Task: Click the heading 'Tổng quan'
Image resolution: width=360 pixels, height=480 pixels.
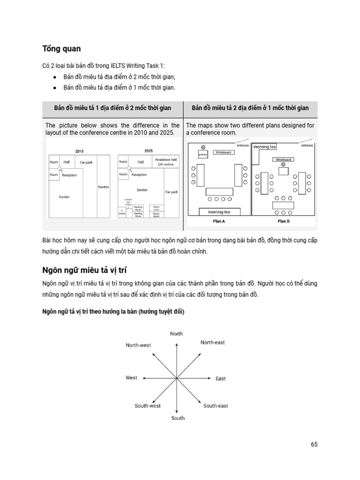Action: [61, 49]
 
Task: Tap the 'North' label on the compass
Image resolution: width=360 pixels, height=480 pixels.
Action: [176, 334]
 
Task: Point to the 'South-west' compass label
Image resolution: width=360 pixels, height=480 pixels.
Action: [148, 406]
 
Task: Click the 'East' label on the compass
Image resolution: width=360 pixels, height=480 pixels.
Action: [220, 378]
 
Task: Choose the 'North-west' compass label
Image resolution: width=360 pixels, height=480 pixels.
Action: [138, 345]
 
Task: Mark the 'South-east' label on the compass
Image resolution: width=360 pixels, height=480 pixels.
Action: [216, 406]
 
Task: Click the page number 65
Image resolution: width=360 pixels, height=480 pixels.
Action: [314, 444]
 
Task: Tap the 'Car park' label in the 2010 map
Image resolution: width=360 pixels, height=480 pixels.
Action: [86, 162]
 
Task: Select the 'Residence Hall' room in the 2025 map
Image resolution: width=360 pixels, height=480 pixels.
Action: [166, 162]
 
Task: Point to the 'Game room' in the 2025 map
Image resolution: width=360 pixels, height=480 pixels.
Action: [157, 207]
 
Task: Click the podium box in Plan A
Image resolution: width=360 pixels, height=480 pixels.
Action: [202, 154]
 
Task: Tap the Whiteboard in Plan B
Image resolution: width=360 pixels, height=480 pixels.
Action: [283, 159]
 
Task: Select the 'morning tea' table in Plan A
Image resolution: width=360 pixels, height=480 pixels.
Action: [219, 212]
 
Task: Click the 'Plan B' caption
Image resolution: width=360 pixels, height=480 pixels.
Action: [283, 221]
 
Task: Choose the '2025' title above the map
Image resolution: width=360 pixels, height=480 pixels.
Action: [148, 151]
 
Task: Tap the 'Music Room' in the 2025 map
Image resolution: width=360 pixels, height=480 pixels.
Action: [157, 215]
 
